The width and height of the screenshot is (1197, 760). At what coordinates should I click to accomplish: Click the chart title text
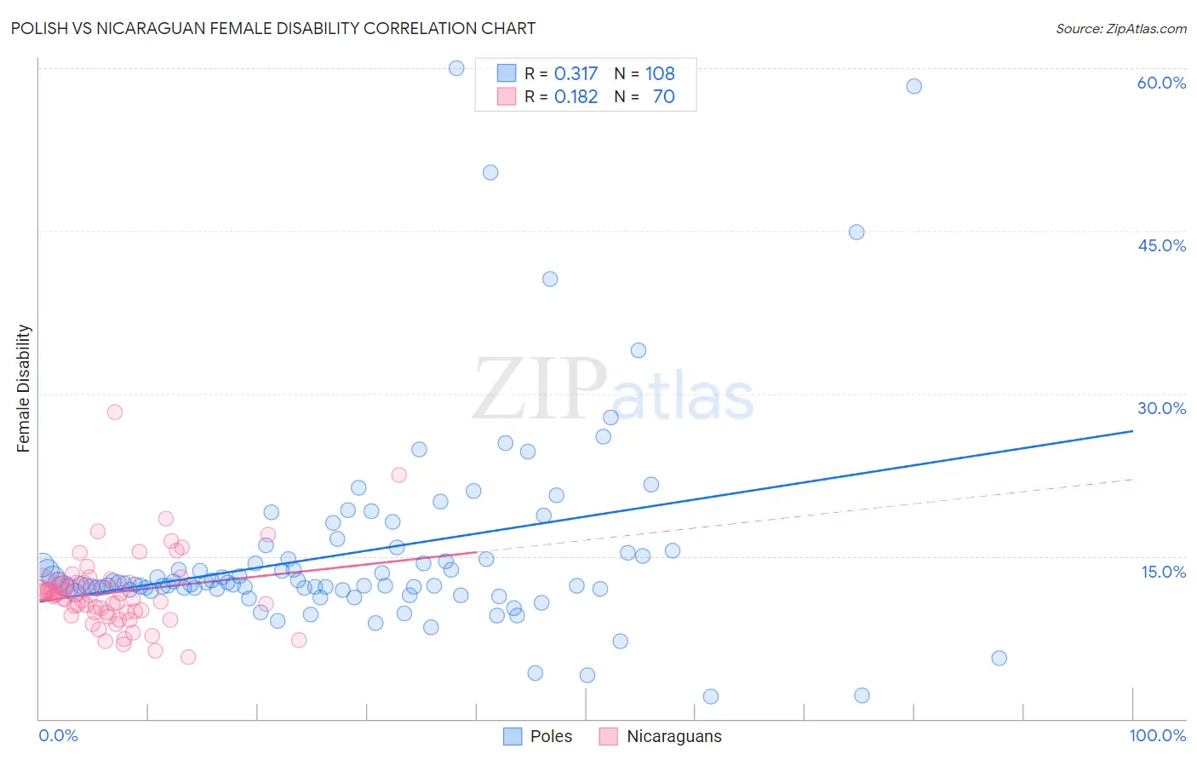(273, 28)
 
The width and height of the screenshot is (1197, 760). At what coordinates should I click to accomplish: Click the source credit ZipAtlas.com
(1120, 28)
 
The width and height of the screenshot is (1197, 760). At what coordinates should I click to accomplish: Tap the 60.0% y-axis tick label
(1161, 83)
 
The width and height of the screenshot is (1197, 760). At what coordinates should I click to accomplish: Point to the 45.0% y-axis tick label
(1161, 245)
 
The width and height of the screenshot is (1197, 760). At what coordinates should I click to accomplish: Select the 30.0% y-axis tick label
(1161, 408)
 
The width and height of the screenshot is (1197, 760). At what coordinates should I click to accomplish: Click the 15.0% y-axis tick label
(1163, 572)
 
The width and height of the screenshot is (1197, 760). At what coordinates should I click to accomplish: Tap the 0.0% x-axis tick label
(58, 735)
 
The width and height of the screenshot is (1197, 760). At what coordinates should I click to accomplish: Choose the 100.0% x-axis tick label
(1158, 735)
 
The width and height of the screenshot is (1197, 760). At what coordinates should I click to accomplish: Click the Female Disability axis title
(24, 388)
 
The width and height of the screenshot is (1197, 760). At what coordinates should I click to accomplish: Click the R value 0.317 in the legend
(576, 73)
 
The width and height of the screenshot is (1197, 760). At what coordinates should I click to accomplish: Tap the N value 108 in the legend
(660, 73)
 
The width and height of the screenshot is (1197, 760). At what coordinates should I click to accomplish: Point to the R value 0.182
(576, 96)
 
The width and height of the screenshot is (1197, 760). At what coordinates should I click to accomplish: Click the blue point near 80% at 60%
(913, 86)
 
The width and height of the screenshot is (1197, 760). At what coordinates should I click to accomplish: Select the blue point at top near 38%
(456, 68)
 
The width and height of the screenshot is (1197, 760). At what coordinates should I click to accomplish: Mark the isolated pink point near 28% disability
(115, 412)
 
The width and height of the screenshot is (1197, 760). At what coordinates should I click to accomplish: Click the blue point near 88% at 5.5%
(999, 658)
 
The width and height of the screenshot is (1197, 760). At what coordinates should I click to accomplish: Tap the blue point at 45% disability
(856, 232)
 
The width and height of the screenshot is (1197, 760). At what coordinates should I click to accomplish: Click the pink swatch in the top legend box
(507, 96)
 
